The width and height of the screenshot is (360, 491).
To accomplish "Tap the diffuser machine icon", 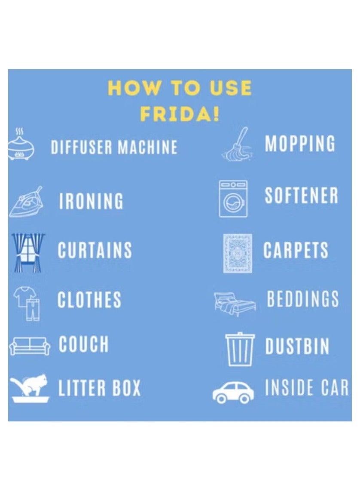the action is (21, 144).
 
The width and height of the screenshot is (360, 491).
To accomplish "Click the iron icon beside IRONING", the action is (26, 202).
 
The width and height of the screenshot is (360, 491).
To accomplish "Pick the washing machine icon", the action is (233, 199).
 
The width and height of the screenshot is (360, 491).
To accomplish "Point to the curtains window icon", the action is (28, 252).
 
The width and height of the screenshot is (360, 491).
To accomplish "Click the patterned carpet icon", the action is (238, 253).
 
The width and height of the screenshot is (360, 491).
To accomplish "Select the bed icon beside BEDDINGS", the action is (235, 304).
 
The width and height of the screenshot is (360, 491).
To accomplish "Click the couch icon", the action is (29, 346).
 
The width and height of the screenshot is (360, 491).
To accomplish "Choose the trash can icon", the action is (240, 349).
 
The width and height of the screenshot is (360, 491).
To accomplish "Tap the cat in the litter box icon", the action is (29, 388).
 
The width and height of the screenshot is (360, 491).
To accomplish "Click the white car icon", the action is (233, 393).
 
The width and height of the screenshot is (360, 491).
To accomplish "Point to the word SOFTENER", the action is (302, 195).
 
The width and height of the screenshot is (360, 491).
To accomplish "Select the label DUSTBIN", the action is (297, 346).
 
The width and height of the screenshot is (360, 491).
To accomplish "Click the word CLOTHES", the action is (89, 299).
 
